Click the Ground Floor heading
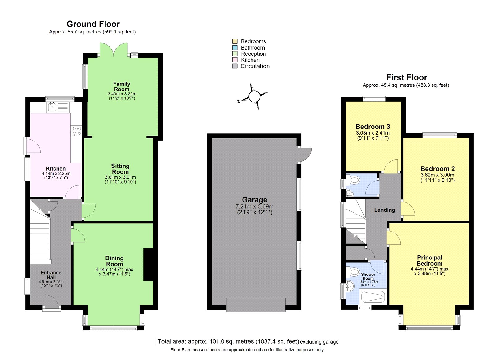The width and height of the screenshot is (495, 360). [93, 24]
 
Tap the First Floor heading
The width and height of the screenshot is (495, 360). [407, 77]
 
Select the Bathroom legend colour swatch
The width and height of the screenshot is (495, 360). [235, 48]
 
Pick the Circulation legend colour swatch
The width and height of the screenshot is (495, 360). [235, 66]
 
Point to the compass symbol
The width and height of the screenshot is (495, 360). [254, 96]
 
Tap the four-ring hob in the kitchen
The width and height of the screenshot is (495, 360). [76, 131]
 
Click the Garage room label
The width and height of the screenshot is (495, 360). [255, 200]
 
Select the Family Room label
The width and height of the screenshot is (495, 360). [122, 86]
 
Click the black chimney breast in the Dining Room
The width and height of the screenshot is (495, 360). [148, 265]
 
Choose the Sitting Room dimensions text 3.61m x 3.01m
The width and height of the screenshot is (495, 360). [120, 177]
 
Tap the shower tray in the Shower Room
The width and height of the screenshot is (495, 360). [373, 297]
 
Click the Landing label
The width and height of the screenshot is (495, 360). [385, 210]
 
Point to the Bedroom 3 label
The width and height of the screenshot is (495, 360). [373, 127]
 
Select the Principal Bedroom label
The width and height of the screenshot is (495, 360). [430, 261]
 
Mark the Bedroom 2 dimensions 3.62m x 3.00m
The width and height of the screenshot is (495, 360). [437, 175]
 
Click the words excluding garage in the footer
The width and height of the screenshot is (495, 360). [319, 342]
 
